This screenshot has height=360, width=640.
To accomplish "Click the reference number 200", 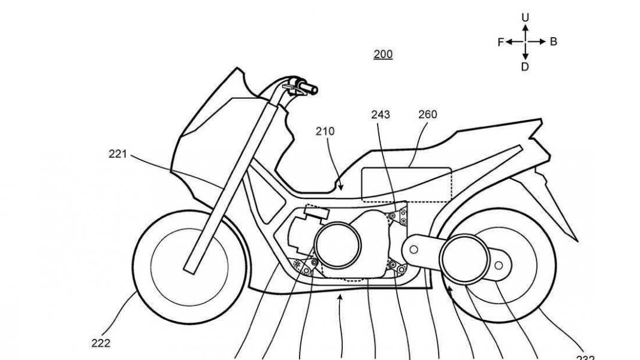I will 383,55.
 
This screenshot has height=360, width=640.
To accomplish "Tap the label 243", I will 381,114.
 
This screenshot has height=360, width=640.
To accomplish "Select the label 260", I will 428,114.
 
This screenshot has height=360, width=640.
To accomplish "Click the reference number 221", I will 117,154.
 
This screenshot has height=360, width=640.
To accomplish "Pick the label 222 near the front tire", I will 101,343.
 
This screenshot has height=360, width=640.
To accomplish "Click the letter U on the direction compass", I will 525,18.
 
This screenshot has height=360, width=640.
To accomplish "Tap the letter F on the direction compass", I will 500,42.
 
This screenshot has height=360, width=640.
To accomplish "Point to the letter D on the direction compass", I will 525,67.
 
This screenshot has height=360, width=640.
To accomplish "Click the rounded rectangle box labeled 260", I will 407,184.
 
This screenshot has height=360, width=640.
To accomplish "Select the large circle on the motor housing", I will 337,244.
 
